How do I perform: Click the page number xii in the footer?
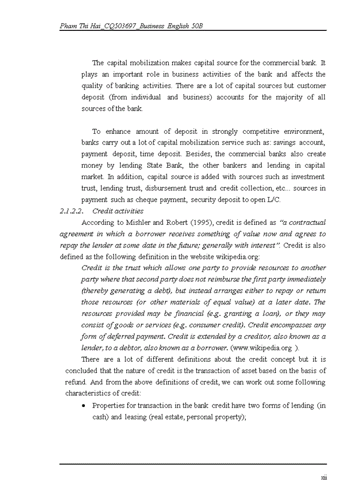pyautogui.click(x=324, y=478)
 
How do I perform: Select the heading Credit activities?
pyautogui.click(x=118, y=211)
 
